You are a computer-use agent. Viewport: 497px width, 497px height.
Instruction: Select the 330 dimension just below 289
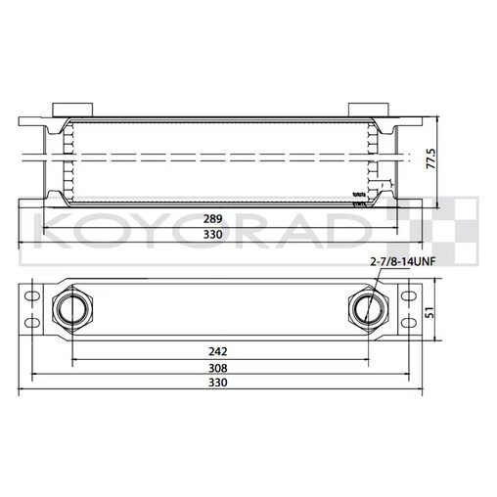212,235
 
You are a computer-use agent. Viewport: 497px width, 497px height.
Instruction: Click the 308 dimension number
218,368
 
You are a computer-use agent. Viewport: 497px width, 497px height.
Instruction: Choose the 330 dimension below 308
218,384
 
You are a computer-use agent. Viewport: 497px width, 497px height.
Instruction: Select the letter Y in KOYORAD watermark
165,233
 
